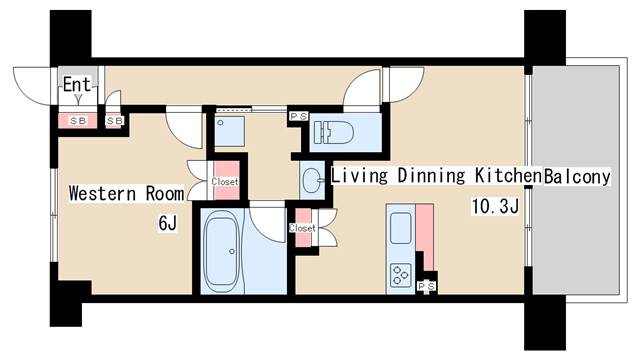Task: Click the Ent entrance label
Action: (77, 85)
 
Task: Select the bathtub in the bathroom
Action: (221, 251)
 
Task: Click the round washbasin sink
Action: (311, 181)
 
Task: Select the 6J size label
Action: (167, 223)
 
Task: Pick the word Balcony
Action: (577, 177)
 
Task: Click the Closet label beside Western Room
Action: (225, 182)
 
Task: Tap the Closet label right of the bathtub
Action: (302, 228)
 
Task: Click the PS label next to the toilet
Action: (297, 117)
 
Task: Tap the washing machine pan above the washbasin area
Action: (225, 128)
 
